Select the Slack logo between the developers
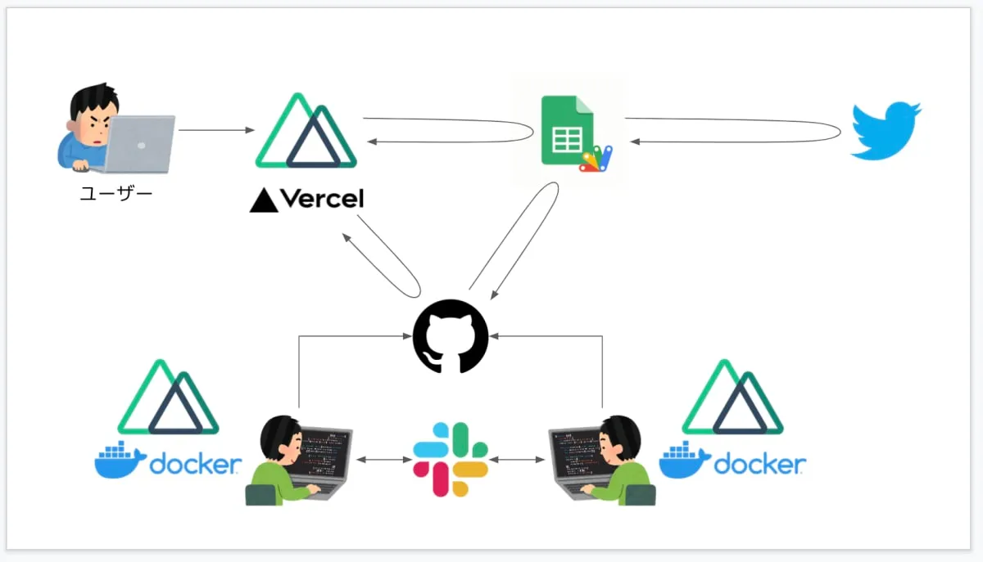450,459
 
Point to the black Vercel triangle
264,200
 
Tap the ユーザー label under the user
116,195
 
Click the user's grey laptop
140,142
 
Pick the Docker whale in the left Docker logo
120,461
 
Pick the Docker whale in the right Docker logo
685,461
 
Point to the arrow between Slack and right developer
518,460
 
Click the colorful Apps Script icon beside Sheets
596,159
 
